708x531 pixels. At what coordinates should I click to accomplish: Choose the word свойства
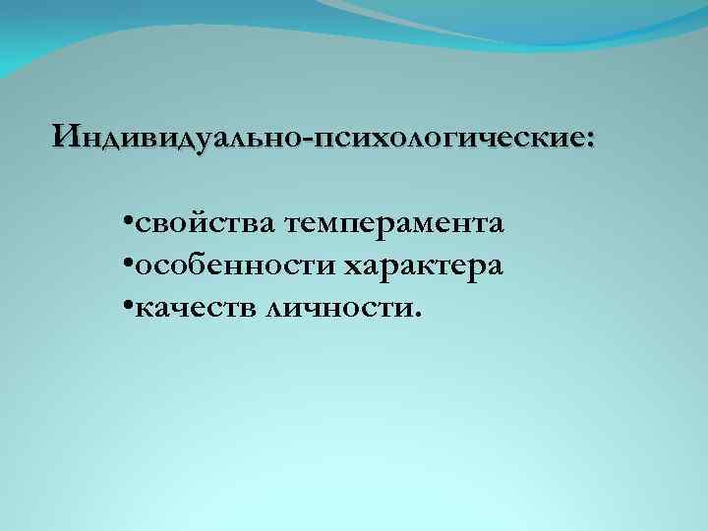click(206, 225)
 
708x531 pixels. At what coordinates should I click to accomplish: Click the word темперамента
click(395, 225)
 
